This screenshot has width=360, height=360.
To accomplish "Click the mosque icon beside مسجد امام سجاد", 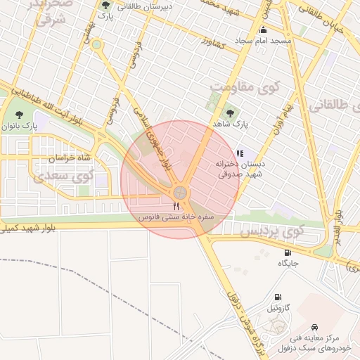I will point(264,30).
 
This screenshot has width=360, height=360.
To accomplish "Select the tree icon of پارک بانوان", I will point(18,113).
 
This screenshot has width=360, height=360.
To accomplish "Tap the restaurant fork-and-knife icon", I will point(176,206).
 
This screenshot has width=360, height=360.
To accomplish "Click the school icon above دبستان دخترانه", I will point(239,153).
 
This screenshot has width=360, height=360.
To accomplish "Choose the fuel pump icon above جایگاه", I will point(288,252).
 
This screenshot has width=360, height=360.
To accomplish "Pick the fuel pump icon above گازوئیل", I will point(279,297).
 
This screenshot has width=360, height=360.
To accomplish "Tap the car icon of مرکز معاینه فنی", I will point(314,328).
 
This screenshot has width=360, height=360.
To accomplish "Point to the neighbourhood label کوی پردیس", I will point(272,231).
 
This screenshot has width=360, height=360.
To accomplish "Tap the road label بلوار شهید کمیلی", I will point(28,228).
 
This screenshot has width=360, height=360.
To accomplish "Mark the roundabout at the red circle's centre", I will point(181,191).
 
